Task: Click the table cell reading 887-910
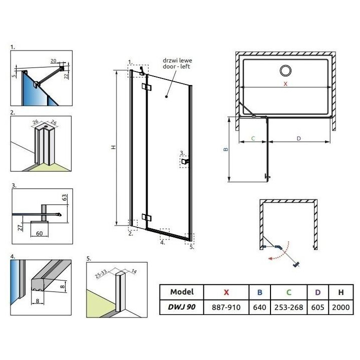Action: point(227,306)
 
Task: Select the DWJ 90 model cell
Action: point(181,306)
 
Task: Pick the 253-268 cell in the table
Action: point(289,306)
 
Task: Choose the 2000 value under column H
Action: point(340,306)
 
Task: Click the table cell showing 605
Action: point(318,306)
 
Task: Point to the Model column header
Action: point(181,291)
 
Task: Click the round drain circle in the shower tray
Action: point(286,70)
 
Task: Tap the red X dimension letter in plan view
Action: point(285,84)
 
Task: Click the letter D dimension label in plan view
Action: point(298,138)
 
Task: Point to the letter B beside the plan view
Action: point(225,149)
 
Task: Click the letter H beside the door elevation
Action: point(114,147)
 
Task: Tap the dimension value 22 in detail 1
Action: point(66,76)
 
